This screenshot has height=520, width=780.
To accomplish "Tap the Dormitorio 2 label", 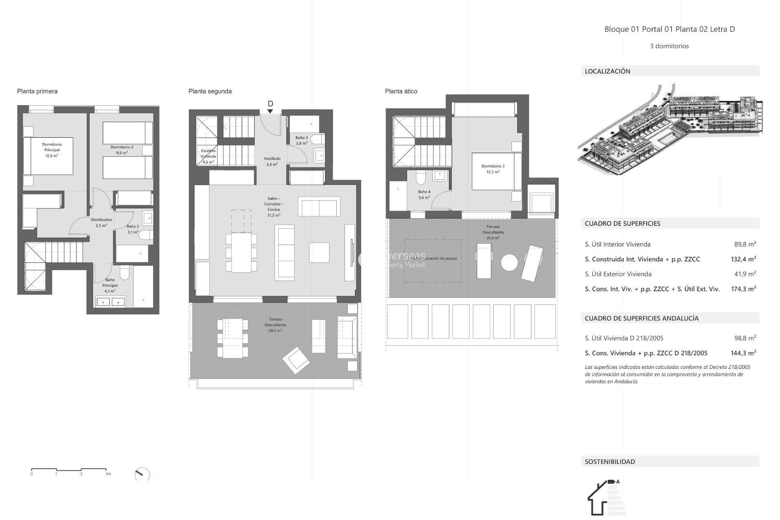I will pos(122,150).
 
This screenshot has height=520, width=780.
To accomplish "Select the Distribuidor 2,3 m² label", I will pos(101,222).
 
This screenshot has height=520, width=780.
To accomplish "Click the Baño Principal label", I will pos(110,285).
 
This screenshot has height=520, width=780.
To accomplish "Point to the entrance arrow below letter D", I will pos(270,111).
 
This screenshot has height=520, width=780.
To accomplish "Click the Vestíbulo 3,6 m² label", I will pos(272,161).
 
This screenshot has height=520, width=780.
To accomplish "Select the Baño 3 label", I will pos(301,140).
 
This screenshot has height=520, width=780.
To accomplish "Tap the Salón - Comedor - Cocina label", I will pos(273,207).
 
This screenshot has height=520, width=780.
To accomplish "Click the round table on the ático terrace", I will pos(509,262).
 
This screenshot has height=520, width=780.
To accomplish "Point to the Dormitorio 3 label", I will pos(493,169).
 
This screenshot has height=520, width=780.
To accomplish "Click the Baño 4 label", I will pos(424,194).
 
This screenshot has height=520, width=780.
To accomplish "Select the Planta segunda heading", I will pos(210,91).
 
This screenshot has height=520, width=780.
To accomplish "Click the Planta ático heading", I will pos(401,91).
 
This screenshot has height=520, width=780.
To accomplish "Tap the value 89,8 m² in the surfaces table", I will pos(745,244).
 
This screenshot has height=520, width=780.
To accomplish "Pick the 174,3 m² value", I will pos(743,289).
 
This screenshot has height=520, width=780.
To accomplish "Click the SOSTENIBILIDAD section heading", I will pos(609,461).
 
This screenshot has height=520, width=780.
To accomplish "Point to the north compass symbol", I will pos(142,474).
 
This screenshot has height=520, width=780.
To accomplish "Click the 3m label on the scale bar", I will pos(108,474).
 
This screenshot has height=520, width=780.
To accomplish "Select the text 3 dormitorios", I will pos(669,46).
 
